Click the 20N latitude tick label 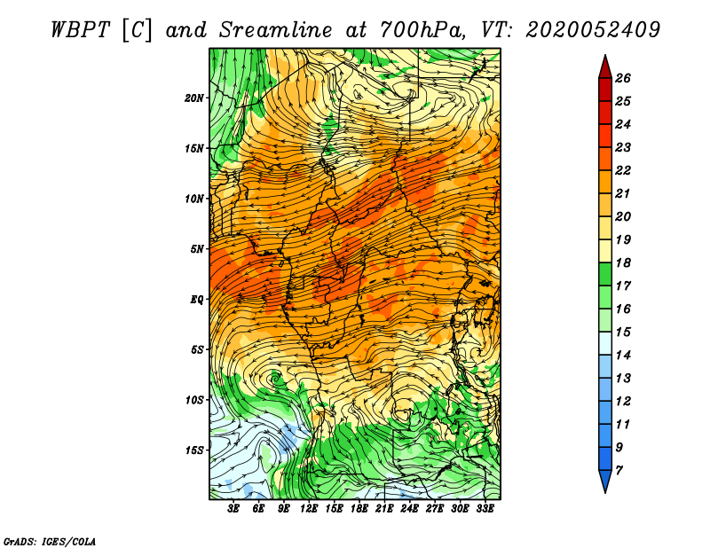coord(194,98)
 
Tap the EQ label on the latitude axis coord(196,300)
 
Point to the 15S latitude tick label coord(194,450)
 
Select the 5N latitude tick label coord(197,249)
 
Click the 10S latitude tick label coord(194,400)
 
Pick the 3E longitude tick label coord(233,509)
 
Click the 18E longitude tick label coord(359,509)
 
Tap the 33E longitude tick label coord(485,509)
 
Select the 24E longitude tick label coord(409,509)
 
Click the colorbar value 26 coord(623,78)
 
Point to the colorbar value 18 coord(623,262)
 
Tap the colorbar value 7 coord(619,471)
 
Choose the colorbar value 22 coord(623,170)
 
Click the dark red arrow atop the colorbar coord(605,67)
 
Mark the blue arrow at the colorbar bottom coord(605,481)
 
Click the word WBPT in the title coord(80,30)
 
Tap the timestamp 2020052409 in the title coord(593,30)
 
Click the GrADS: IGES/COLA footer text coord(50,541)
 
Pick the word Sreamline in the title coord(276,30)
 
